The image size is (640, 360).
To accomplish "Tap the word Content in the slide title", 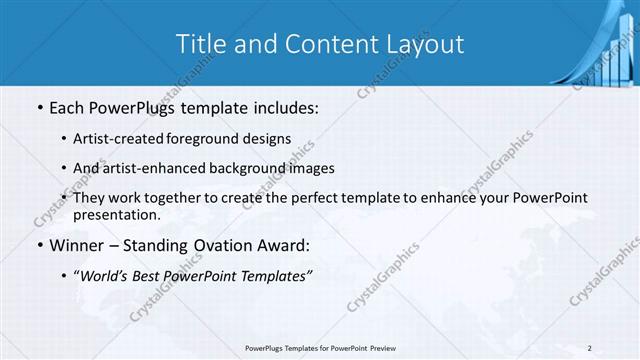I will [x=324, y=44].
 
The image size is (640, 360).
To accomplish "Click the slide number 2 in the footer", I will [x=591, y=348].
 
